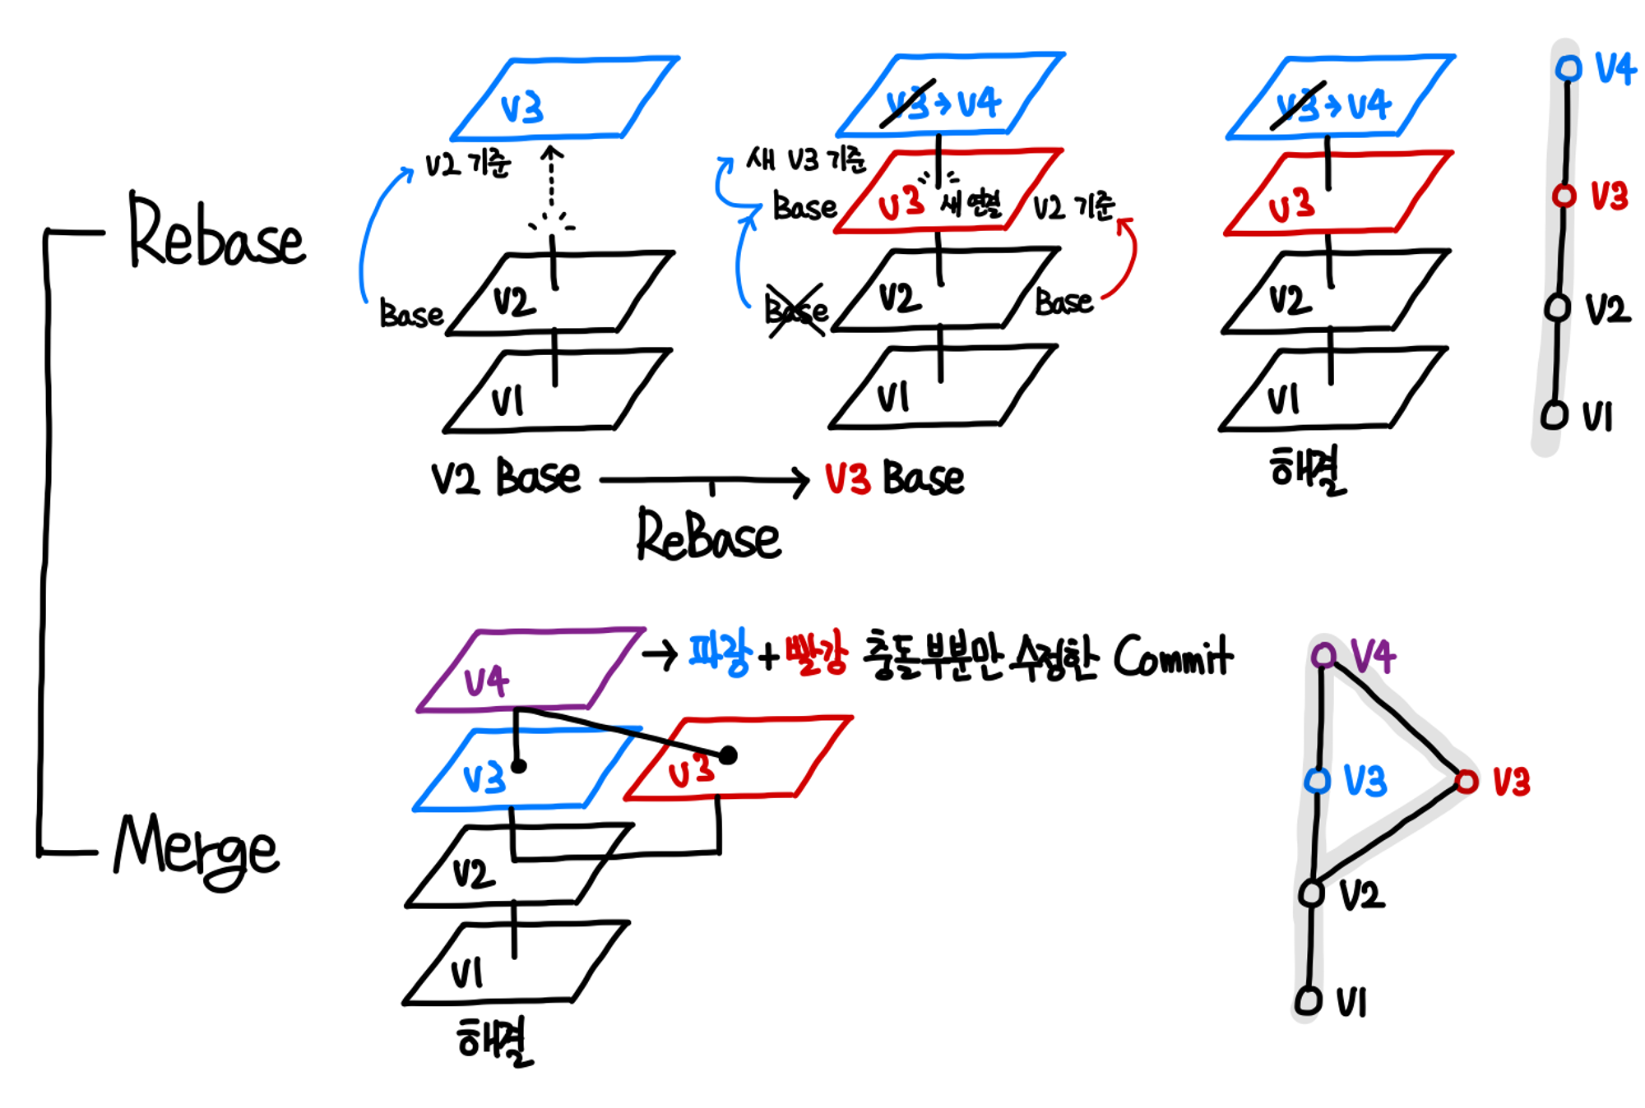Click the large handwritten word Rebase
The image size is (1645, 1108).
click(x=215, y=233)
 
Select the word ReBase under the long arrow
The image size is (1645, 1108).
click(x=709, y=536)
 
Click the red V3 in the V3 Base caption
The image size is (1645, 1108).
click(x=847, y=478)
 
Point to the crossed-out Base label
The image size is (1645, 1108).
click(x=796, y=311)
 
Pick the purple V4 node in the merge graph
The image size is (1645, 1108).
click(x=1323, y=655)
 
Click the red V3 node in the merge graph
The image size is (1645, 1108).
click(x=1467, y=781)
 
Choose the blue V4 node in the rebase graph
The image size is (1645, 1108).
click(x=1569, y=68)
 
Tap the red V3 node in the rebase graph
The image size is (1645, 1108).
click(x=1564, y=196)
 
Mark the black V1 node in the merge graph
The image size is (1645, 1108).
click(x=1309, y=1000)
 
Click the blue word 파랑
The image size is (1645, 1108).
click(x=719, y=653)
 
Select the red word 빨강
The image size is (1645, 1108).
click(x=815, y=653)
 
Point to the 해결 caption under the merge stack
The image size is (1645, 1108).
click(x=494, y=1041)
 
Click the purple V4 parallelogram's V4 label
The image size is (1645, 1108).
click(x=486, y=681)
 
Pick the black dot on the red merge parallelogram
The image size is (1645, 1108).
click(x=728, y=755)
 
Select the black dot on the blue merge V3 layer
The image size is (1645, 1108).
click(x=518, y=766)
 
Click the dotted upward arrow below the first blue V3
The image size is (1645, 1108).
click(x=552, y=185)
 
